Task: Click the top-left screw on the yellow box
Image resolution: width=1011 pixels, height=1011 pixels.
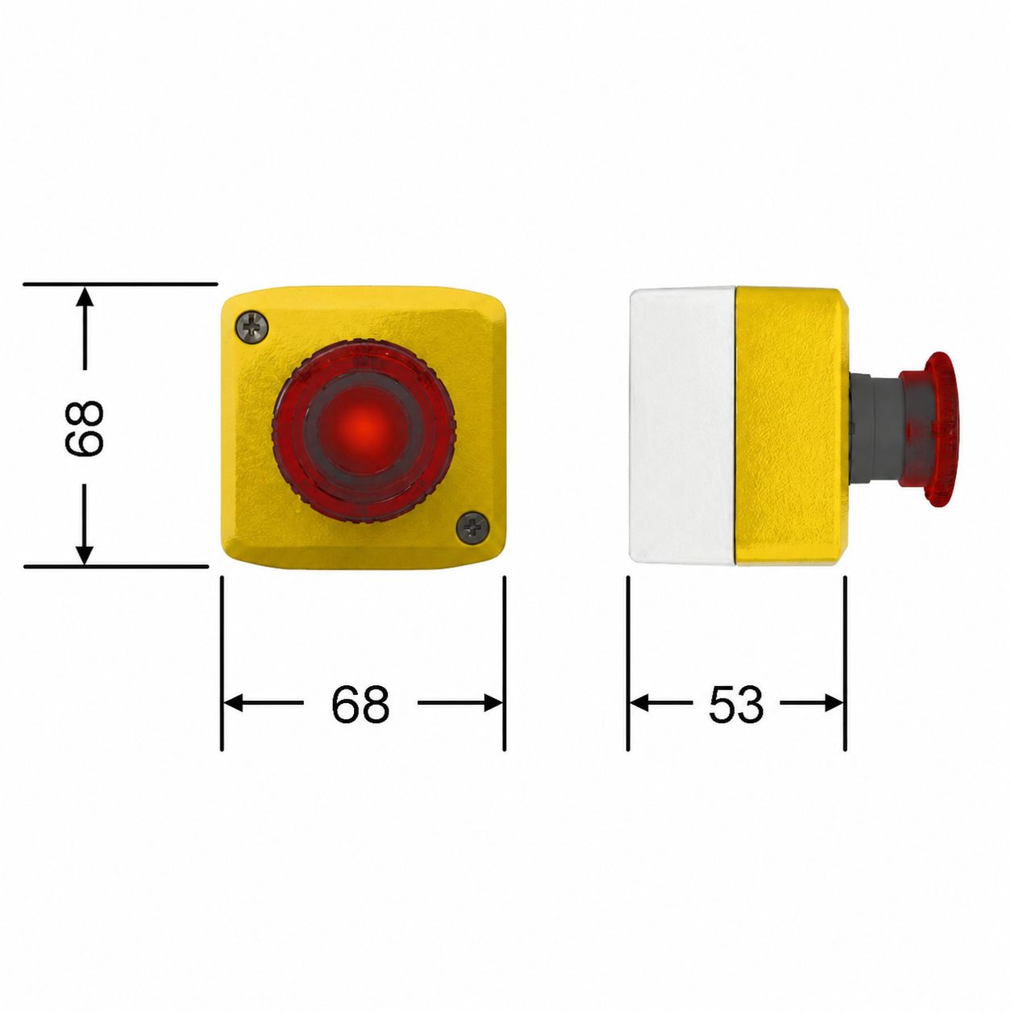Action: click(x=252, y=327)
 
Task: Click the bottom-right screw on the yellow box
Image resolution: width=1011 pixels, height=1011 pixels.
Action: click(x=472, y=527)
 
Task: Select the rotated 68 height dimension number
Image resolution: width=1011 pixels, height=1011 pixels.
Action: click(x=84, y=428)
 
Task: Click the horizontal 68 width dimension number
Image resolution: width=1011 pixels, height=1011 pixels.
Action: click(x=361, y=704)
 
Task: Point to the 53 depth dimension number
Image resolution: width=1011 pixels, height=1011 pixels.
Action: click(x=735, y=704)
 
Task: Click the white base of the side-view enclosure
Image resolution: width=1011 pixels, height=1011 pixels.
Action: click(x=682, y=425)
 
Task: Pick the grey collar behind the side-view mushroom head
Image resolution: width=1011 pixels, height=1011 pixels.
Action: click(x=874, y=428)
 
